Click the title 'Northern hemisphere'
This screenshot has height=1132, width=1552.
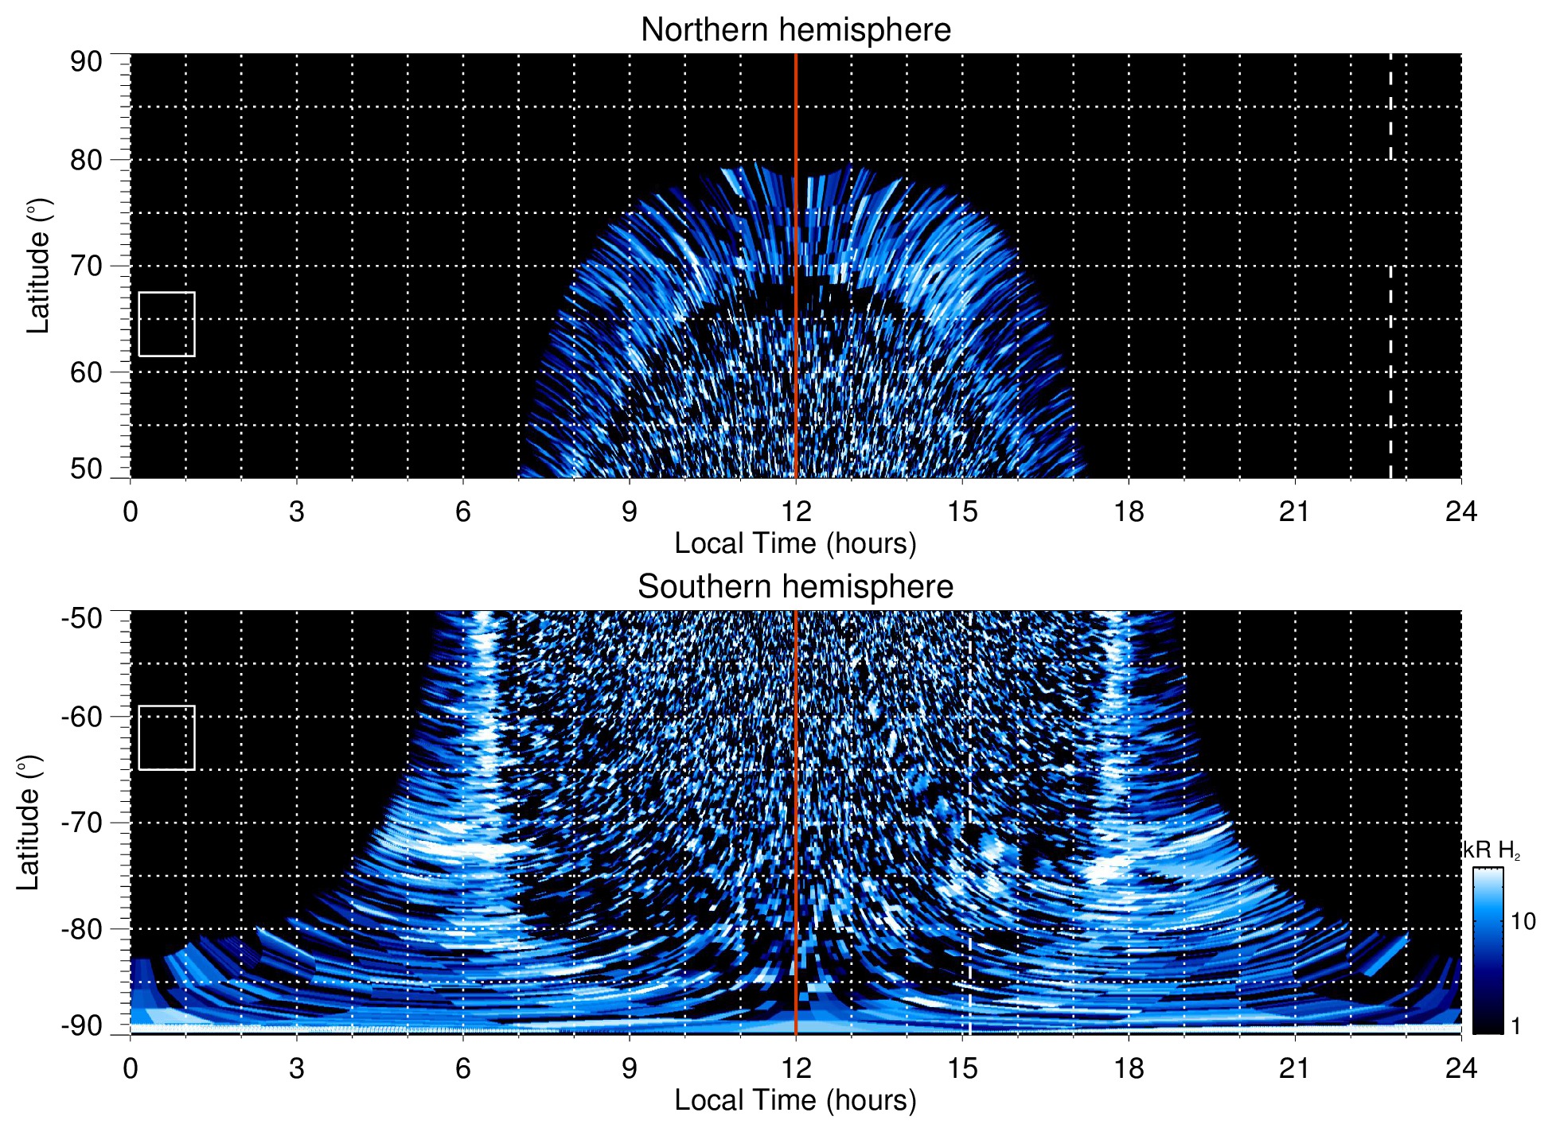(795, 30)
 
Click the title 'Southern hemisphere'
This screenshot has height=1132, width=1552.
(795, 587)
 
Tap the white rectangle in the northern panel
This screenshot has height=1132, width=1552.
(166, 324)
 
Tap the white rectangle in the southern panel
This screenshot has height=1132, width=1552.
(166, 737)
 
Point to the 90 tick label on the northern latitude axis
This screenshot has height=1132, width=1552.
(86, 62)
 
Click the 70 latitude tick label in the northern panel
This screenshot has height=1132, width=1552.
(86, 266)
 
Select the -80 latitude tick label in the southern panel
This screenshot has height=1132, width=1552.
(82, 928)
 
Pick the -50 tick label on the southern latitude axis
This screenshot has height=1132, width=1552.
(82, 618)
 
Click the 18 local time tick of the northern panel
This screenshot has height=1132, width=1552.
(1128, 512)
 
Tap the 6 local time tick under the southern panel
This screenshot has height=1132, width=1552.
(462, 1068)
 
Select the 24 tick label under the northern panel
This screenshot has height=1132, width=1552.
(1460, 512)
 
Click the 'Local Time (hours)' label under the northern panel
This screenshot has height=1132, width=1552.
(795, 543)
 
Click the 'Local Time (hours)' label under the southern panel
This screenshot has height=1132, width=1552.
(795, 1100)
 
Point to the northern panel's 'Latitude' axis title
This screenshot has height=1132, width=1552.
(38, 266)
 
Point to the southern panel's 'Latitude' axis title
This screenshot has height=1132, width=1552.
(29, 823)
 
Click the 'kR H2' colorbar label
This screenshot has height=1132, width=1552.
(1492, 850)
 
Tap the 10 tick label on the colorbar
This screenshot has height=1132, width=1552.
(1523, 921)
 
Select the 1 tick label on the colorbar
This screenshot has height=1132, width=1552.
(1515, 1026)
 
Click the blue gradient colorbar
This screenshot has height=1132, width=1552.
(1488, 951)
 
